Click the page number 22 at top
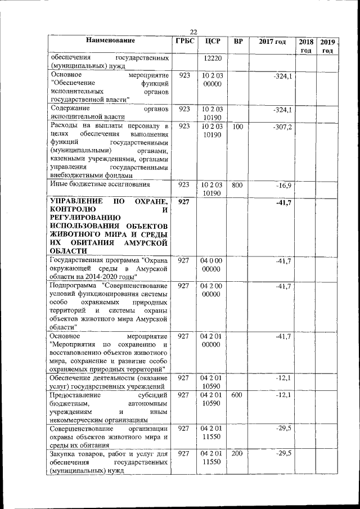pyautogui.click(x=193, y=31)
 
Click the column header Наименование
pyautogui.click(x=111, y=41)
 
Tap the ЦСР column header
pyautogui.click(x=213, y=41)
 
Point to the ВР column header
pyautogui.click(x=238, y=41)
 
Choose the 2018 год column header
pyautogui.click(x=306, y=46)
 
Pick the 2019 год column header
pyautogui.click(x=327, y=46)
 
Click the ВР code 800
pyautogui.click(x=237, y=184)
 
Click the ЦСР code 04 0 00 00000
pyautogui.click(x=213, y=265)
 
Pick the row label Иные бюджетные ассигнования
pyautogui.click(x=100, y=184)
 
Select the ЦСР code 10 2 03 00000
pyautogui.click(x=213, y=79)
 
